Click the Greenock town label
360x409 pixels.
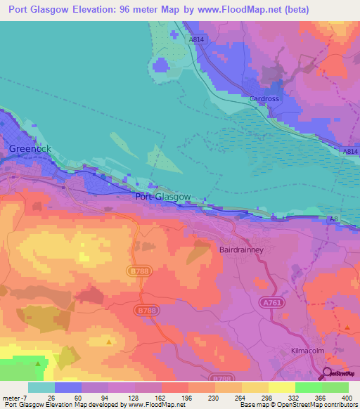(32, 149)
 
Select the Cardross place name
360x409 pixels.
(265, 99)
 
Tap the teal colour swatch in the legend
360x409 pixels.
(41, 387)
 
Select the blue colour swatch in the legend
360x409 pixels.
(68, 387)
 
